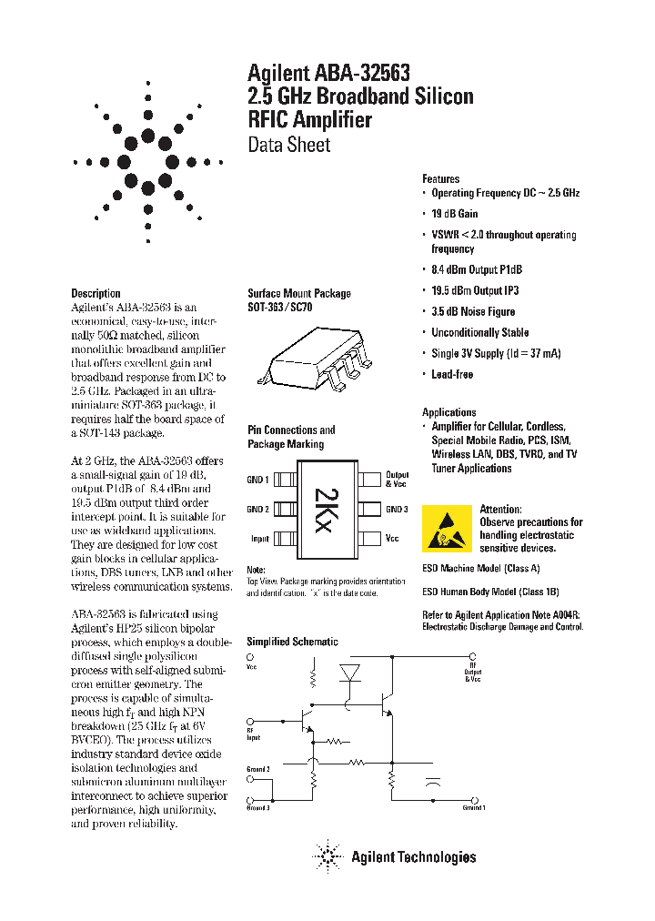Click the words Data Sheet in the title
point(289,145)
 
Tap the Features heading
point(440,179)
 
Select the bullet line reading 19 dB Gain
point(454,214)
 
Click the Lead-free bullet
point(451,374)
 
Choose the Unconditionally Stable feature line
point(479,332)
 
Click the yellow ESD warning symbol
point(447,528)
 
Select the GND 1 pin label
point(258,480)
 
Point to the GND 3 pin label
point(397,510)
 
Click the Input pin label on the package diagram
point(259,539)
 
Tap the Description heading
point(96,293)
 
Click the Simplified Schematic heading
point(292,642)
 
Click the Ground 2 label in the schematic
point(259,769)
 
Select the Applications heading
point(448,412)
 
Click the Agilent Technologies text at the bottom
point(413,856)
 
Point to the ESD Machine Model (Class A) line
point(480,568)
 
